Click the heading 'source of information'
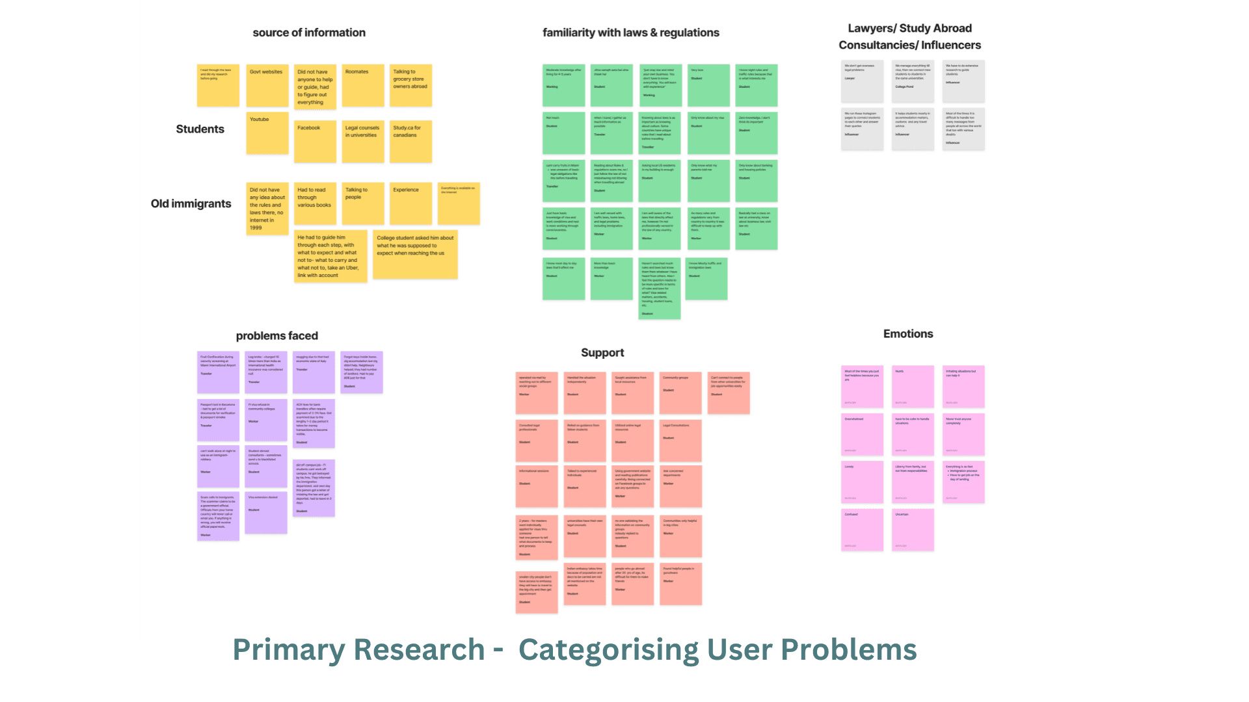(309, 32)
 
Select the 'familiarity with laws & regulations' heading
(631, 32)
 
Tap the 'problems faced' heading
(277, 335)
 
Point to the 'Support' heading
(602, 352)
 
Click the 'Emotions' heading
(908, 333)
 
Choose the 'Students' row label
(200, 129)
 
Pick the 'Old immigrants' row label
(191, 203)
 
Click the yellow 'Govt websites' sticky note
(267, 85)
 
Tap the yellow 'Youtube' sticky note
(267, 133)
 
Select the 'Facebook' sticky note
(315, 141)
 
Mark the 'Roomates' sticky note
(363, 85)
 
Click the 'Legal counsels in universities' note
(363, 141)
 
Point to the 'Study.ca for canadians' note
(410, 141)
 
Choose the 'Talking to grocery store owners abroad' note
(410, 85)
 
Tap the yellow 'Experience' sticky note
(410, 203)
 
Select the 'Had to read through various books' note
(315, 203)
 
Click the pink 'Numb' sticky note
(913, 386)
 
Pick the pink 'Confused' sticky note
(862, 529)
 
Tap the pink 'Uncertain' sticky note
(913, 529)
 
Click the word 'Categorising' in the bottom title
(608, 649)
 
